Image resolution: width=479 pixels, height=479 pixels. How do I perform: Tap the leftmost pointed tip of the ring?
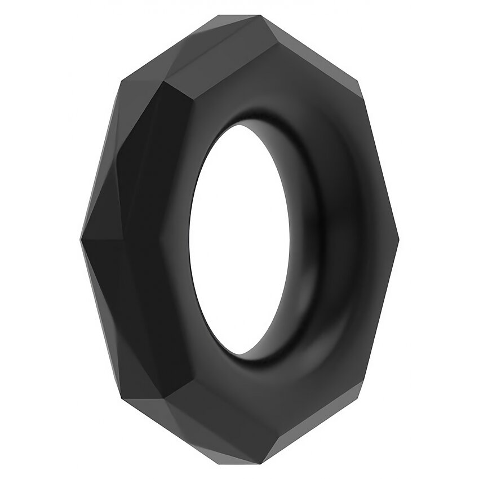pos(81,239)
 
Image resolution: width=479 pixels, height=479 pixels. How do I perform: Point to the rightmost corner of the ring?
pos(399,239)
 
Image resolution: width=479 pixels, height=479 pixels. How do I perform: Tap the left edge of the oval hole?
pos(190,239)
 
